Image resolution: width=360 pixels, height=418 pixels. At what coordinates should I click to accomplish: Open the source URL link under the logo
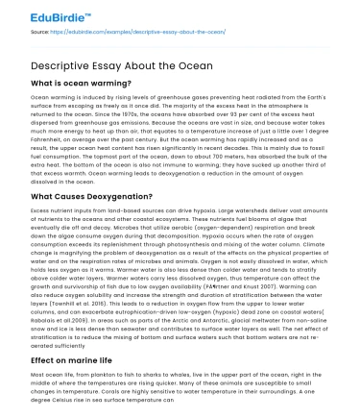(x=135, y=33)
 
